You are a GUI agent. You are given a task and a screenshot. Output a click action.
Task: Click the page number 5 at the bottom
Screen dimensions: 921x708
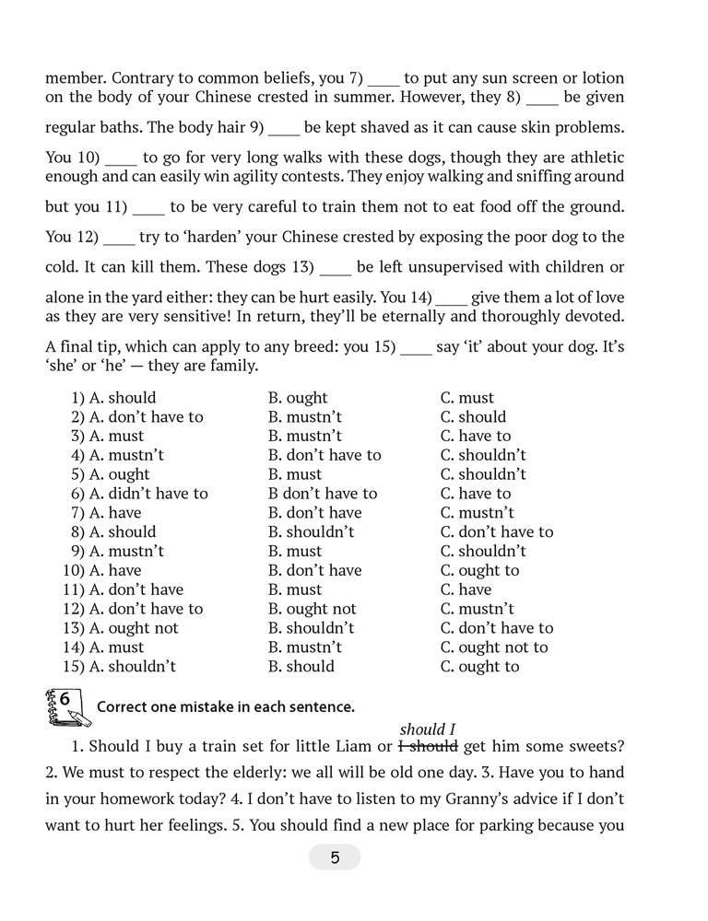tap(335, 857)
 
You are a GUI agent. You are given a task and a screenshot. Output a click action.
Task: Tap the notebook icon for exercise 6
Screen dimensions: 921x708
tap(62, 705)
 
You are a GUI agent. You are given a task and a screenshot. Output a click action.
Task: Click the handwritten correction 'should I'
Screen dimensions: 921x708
tap(429, 729)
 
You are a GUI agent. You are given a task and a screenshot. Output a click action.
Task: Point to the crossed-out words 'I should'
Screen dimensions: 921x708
tap(428, 746)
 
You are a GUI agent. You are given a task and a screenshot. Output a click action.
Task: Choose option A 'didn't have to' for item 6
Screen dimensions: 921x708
tap(147, 494)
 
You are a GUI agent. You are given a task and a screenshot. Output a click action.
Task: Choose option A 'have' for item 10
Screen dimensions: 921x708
tap(124, 570)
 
